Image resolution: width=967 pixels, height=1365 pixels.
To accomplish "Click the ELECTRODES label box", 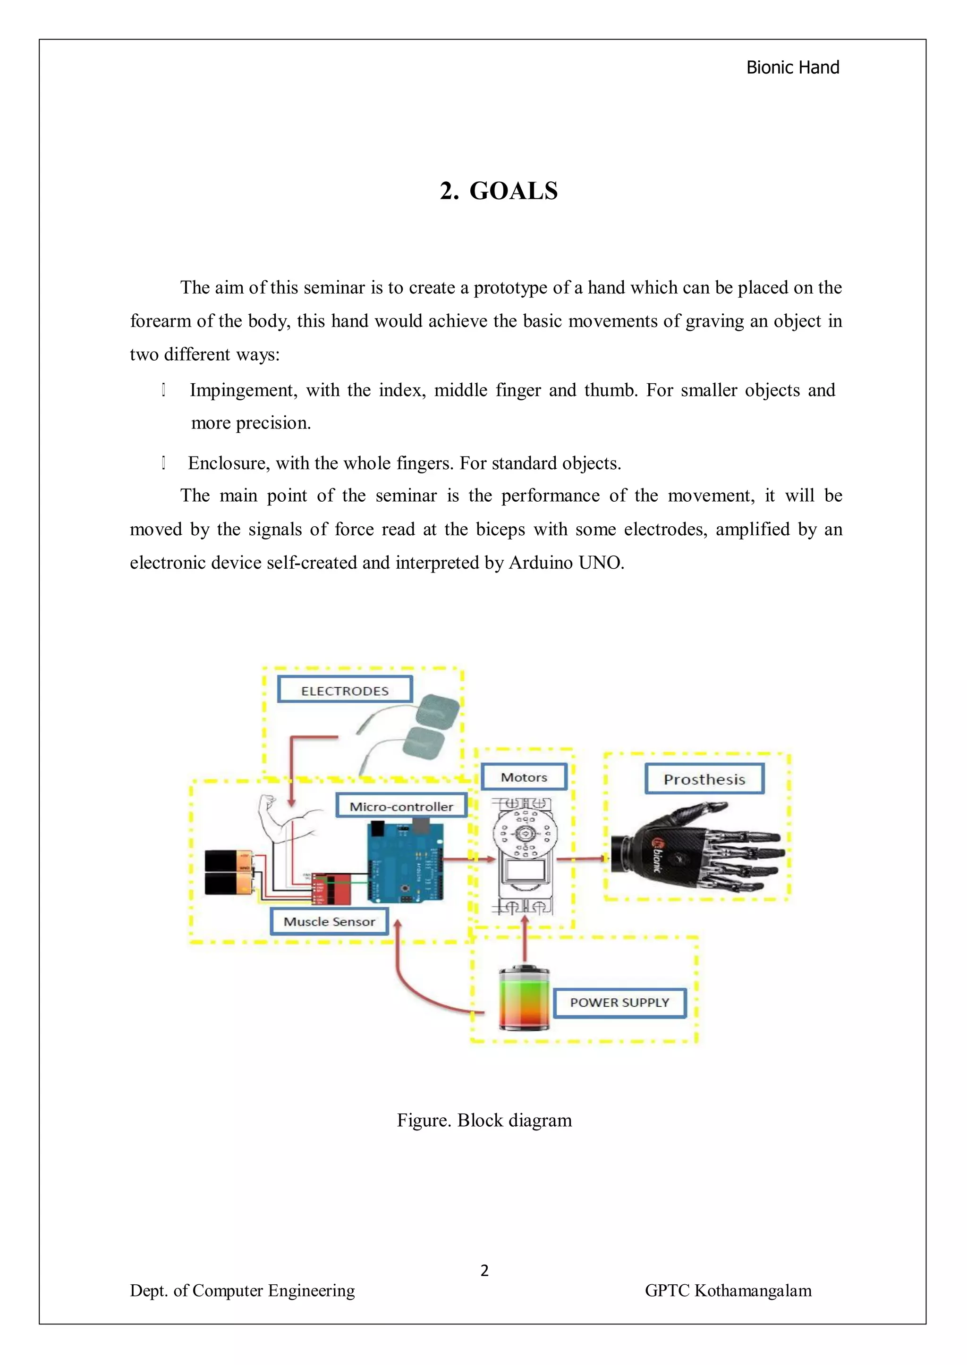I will click(x=345, y=690).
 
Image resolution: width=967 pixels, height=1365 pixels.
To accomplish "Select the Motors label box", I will click(x=524, y=777).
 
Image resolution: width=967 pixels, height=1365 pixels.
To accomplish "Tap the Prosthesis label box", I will click(x=704, y=779).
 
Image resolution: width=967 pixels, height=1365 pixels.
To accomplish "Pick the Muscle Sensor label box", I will click(x=329, y=921).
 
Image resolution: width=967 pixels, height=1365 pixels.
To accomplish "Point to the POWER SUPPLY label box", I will click(x=619, y=1003).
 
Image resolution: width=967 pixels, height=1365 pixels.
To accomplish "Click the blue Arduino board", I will click(x=405, y=862).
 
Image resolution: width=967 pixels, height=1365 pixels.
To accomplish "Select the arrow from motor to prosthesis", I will click(x=581, y=859).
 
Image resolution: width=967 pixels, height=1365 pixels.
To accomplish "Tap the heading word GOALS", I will click(x=513, y=191).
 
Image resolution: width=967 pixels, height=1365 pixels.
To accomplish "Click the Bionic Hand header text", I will click(x=793, y=67).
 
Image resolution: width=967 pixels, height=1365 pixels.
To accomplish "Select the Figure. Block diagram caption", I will click(x=484, y=1121).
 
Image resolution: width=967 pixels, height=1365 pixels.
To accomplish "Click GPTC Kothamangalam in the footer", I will click(x=728, y=1290).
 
